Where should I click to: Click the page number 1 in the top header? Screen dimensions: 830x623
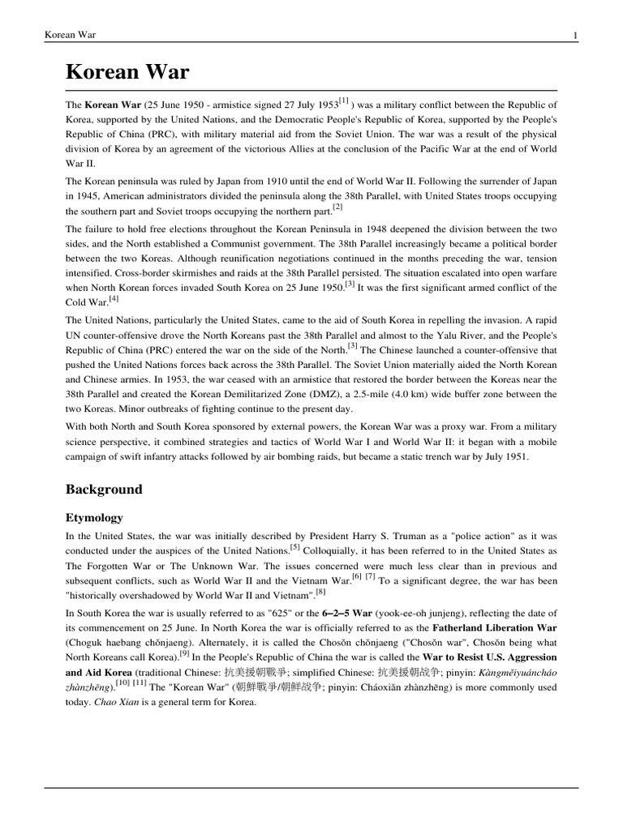575,35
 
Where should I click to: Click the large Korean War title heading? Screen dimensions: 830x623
127,72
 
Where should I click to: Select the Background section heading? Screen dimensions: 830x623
104,490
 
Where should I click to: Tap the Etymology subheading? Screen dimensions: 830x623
94,516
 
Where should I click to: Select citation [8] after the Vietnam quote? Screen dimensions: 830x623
320,593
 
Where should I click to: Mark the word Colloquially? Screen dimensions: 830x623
330,551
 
